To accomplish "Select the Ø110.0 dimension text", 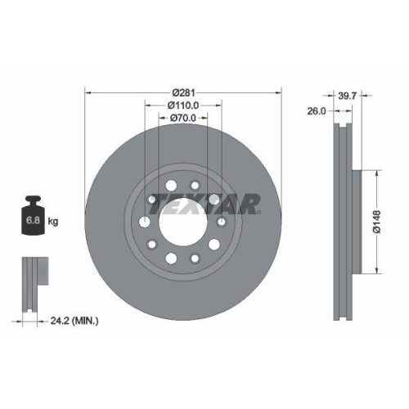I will coord(184,105).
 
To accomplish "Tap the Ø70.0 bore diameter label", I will coord(184,119).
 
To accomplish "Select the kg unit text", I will coord(52,222).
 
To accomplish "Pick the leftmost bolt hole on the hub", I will coord(145,224).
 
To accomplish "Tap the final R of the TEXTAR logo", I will coord(250,203).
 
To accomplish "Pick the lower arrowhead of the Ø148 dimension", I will coord(376,271).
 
